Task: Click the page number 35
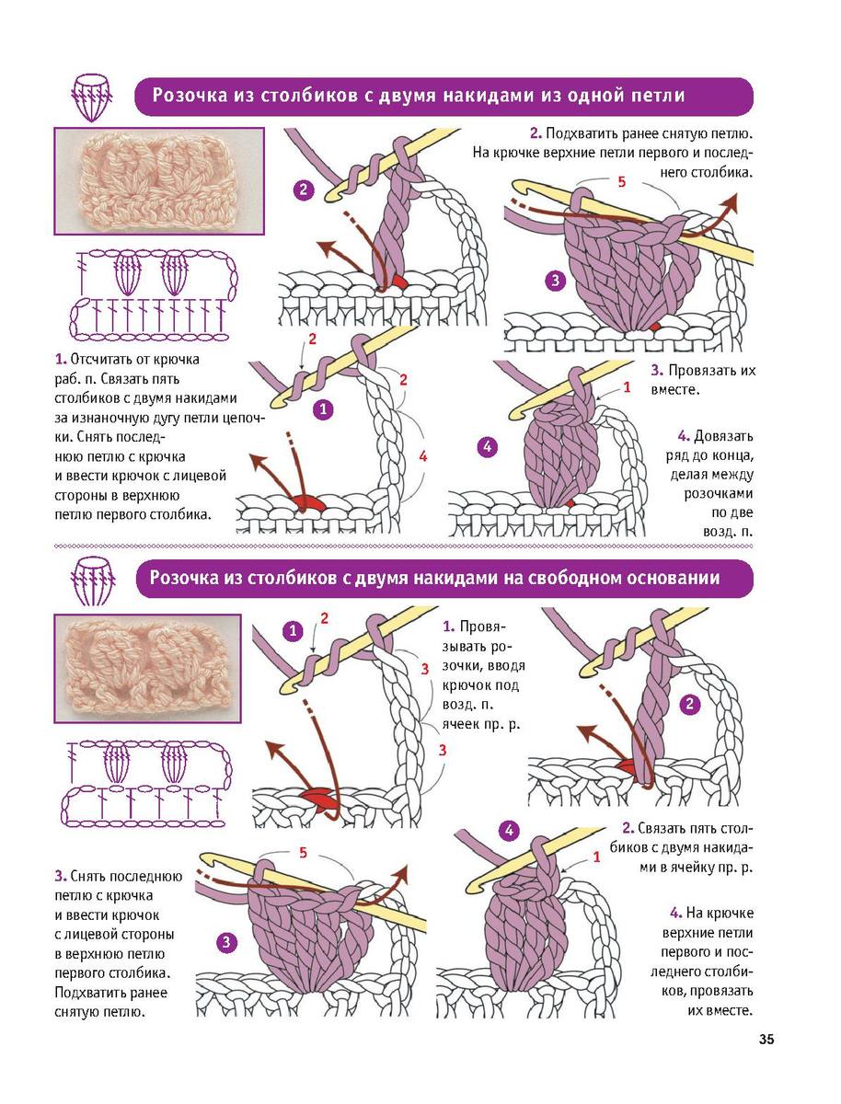click(766, 1039)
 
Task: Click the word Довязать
click(723, 435)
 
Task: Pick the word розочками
click(719, 493)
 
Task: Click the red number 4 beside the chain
click(423, 456)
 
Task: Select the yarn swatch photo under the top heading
click(159, 181)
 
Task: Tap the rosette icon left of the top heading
click(91, 98)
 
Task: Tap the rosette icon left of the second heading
click(93, 581)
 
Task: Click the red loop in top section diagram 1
click(304, 502)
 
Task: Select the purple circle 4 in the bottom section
click(509, 830)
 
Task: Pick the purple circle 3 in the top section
click(556, 280)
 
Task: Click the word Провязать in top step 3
click(697, 371)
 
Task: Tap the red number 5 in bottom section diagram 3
click(303, 853)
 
